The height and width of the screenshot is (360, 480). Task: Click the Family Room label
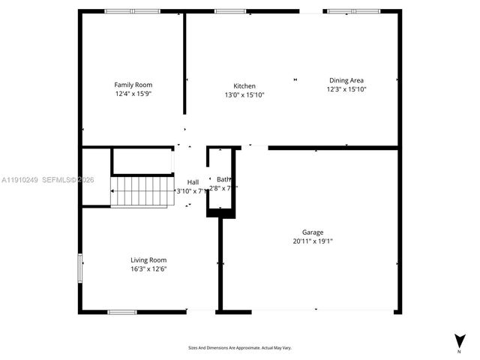133,85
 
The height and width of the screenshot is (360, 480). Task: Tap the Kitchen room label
244,86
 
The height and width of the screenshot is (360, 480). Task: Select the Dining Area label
346,80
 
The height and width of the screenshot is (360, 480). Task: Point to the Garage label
313,232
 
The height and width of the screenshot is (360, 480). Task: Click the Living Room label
148,259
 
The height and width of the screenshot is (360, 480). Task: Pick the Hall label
193,182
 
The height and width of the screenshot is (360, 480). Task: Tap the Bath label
223,179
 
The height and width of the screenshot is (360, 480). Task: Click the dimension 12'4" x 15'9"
133,94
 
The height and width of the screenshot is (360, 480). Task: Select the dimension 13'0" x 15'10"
244,95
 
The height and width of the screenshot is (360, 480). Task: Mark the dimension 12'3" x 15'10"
346,89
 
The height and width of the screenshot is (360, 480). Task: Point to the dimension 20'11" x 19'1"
313,241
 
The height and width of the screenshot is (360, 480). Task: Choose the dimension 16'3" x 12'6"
148,268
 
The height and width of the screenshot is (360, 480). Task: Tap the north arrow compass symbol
458,341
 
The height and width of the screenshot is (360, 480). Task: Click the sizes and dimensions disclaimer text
240,348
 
